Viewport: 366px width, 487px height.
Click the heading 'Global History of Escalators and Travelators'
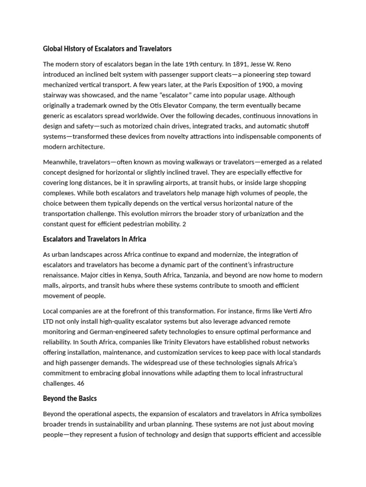click(107, 49)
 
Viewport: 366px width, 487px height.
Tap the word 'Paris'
click(214, 85)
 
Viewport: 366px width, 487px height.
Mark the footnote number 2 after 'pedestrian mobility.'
click(184, 224)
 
